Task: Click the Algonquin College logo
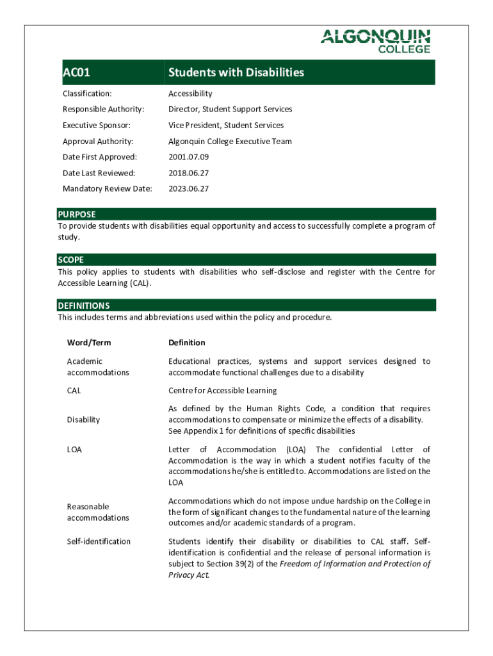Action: tap(375, 41)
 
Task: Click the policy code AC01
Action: tap(76, 72)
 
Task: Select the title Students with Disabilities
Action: tap(236, 72)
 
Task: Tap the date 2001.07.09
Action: tap(188, 157)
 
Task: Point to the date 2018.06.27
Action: tap(188, 173)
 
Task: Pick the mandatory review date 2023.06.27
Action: tap(188, 189)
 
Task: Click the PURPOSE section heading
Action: tap(77, 215)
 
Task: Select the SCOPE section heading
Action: tap(71, 260)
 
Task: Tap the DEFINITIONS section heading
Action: tap(84, 306)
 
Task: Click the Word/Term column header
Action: tap(89, 343)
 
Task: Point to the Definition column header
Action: tap(187, 343)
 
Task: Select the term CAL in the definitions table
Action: tap(74, 390)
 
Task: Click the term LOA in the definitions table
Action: tap(74, 450)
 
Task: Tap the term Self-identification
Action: tap(99, 541)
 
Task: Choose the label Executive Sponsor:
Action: tap(97, 126)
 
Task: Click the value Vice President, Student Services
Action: tap(226, 126)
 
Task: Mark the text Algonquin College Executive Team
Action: tap(230, 142)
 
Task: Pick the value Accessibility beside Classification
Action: tap(190, 94)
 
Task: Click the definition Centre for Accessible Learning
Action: tap(223, 390)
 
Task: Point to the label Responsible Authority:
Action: tap(104, 110)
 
